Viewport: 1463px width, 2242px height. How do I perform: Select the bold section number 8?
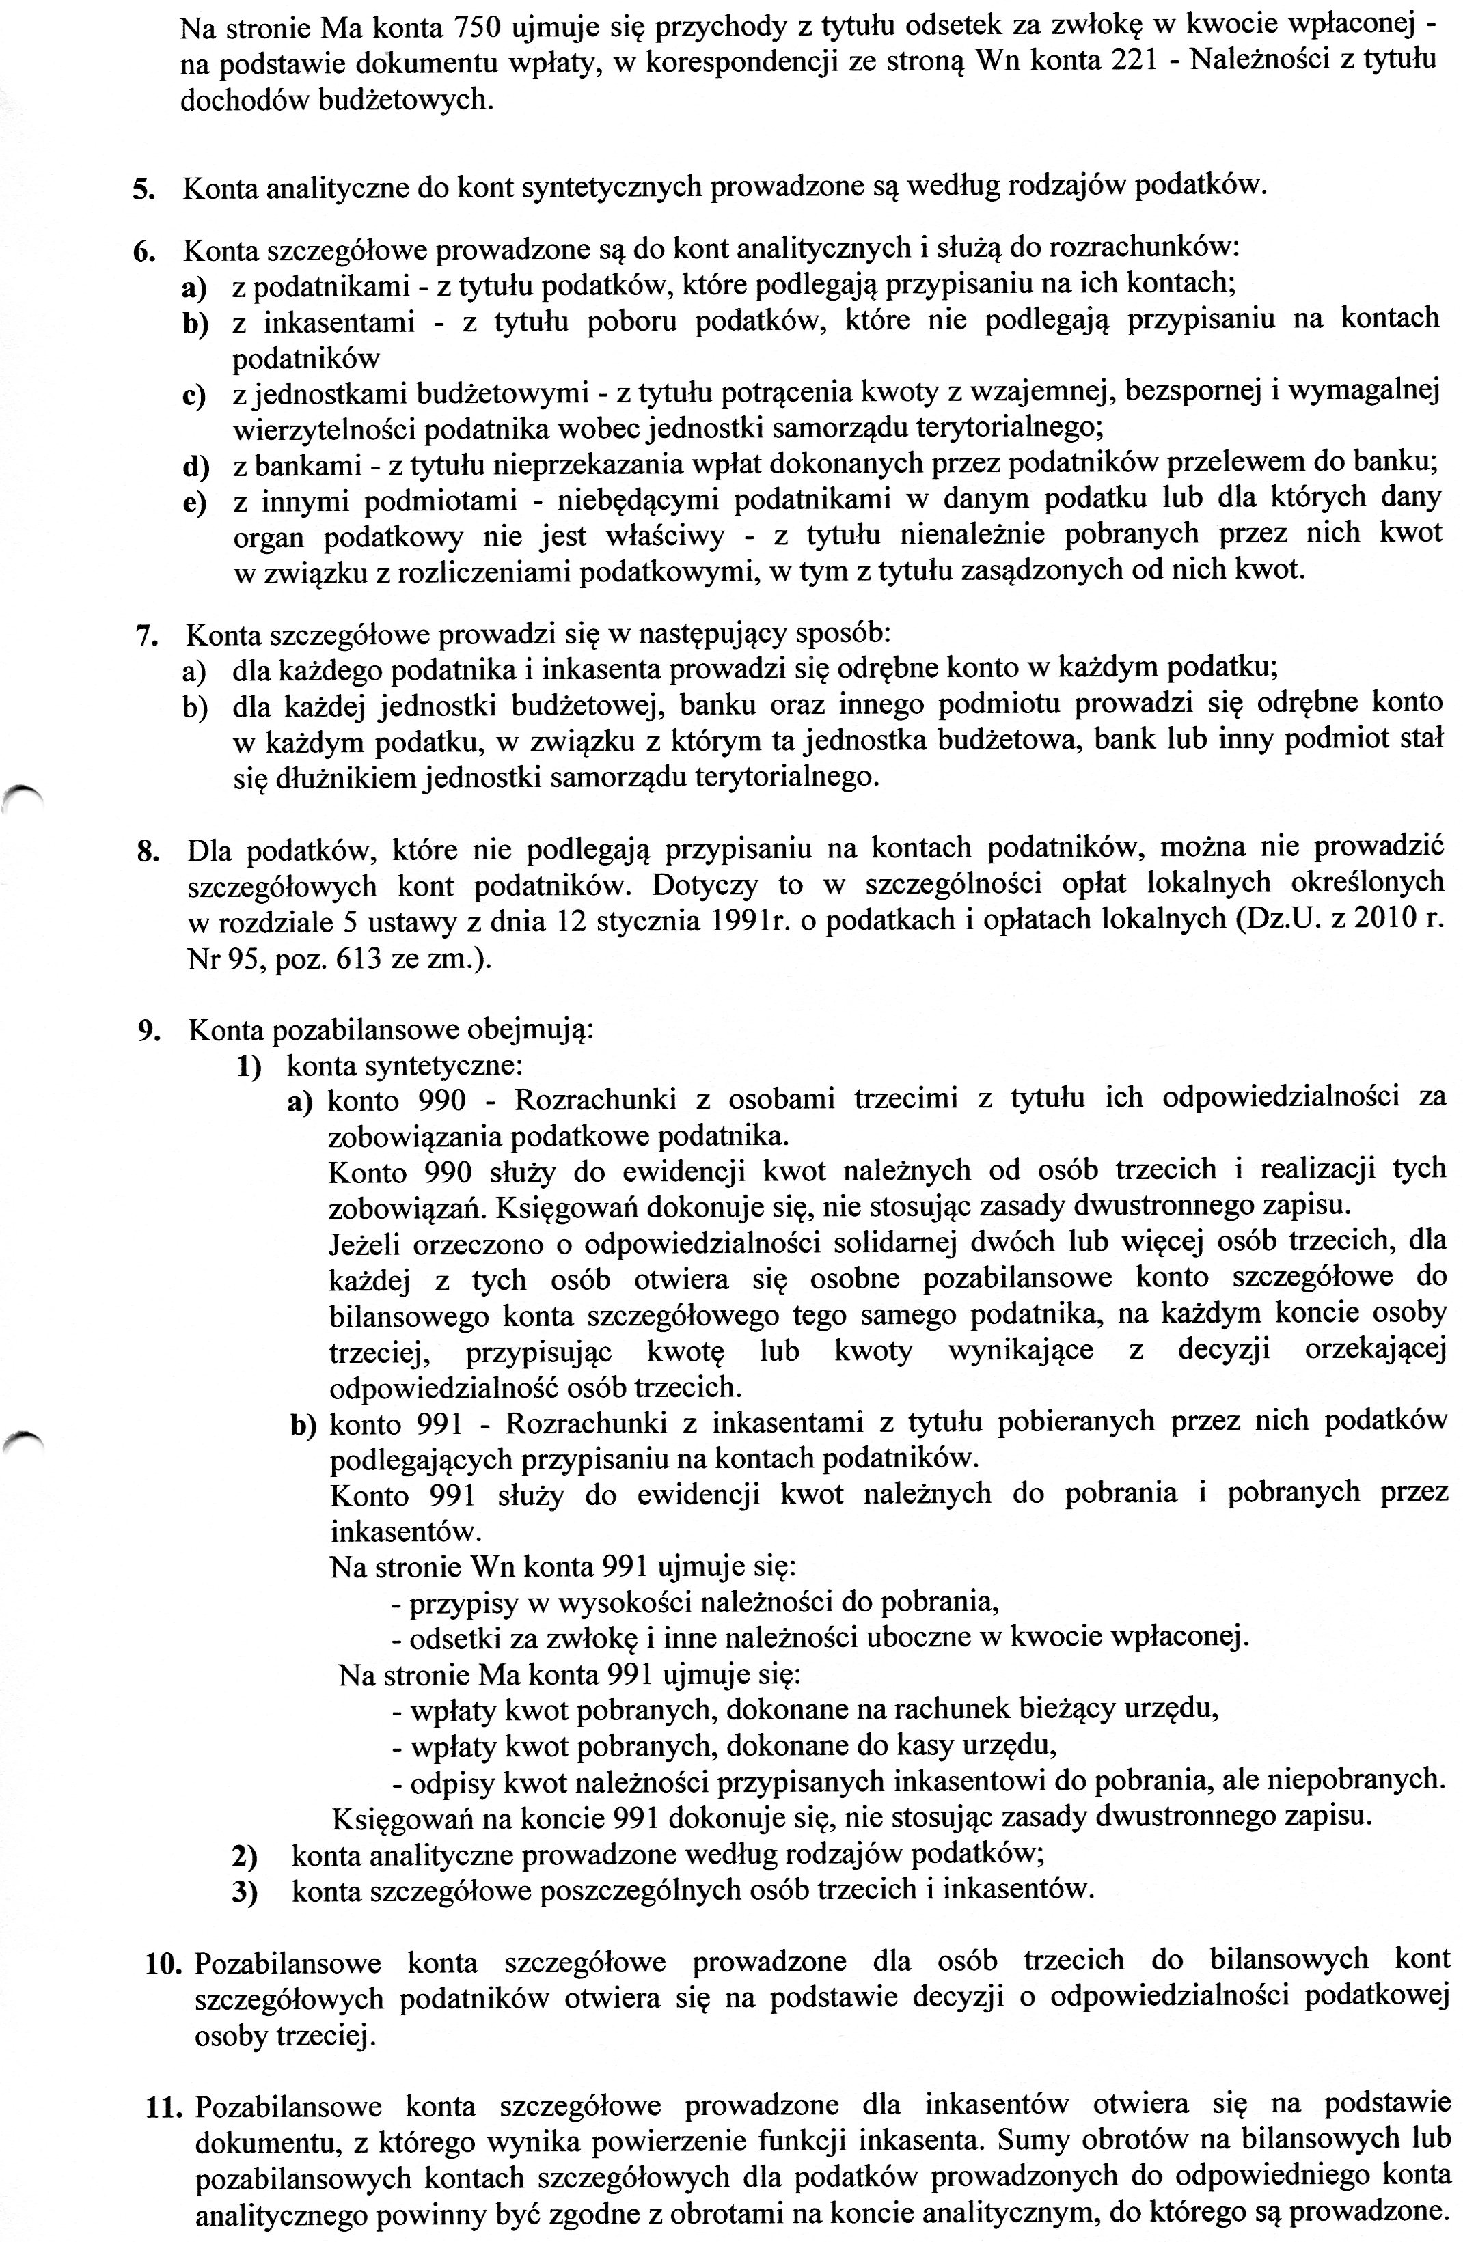(x=146, y=850)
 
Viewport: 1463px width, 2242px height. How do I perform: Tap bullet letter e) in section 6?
(x=194, y=504)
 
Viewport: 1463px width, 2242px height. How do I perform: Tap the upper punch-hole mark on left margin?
(x=20, y=793)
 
